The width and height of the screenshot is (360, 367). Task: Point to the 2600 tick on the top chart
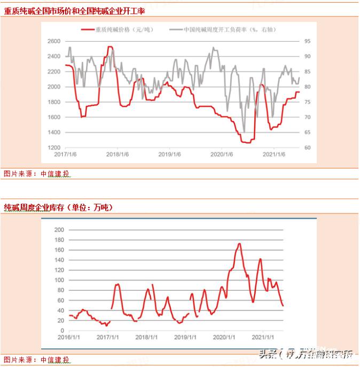(x=54, y=41)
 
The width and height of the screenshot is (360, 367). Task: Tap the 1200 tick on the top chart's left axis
(x=54, y=148)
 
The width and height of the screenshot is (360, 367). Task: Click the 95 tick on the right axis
(x=308, y=41)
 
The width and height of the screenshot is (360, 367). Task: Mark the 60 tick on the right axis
(x=308, y=148)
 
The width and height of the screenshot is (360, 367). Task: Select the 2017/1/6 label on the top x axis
(x=66, y=155)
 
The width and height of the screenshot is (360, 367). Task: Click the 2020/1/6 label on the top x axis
(x=222, y=155)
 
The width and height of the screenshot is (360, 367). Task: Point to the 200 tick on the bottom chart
(x=59, y=229)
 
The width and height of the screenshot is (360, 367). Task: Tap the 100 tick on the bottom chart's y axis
(x=59, y=280)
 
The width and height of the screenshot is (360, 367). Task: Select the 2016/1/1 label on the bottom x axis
(x=68, y=338)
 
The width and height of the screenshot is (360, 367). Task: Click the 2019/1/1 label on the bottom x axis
(x=184, y=338)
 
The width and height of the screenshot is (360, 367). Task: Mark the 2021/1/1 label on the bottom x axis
(x=263, y=338)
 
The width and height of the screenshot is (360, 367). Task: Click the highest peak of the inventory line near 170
(x=239, y=244)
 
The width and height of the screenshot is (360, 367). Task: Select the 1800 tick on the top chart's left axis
(x=54, y=102)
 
